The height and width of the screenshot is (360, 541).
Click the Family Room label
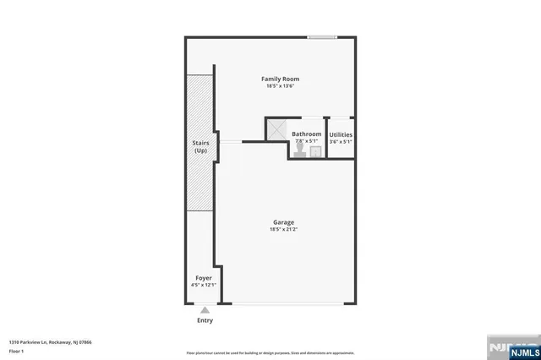click(280, 79)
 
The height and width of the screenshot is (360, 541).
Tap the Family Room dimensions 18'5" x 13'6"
click(280, 86)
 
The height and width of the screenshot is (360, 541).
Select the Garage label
click(283, 222)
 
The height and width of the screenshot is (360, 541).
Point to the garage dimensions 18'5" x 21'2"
click(283, 229)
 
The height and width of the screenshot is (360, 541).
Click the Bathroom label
click(307, 134)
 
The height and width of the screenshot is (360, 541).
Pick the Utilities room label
click(341, 134)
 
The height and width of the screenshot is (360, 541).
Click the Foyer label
click(204, 277)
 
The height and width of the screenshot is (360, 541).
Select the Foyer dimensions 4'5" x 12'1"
click(204, 284)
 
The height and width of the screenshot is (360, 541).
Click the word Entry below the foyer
click(205, 320)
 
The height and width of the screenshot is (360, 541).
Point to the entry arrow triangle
click(205, 311)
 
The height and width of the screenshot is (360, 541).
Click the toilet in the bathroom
click(300, 147)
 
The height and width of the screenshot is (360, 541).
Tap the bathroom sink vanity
click(315, 151)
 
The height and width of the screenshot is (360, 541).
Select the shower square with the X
click(277, 129)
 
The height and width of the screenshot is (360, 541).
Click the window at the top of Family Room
click(322, 36)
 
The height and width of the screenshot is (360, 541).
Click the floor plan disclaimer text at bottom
click(270, 352)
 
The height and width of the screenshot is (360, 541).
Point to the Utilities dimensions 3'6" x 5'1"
click(341, 141)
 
